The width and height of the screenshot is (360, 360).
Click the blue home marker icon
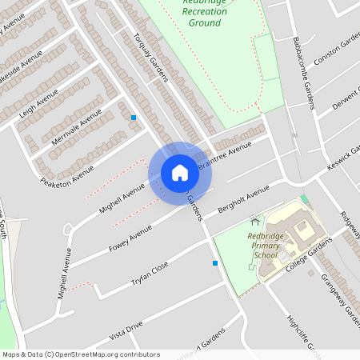click(x=180, y=173)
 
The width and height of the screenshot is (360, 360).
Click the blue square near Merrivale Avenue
click(x=134, y=118)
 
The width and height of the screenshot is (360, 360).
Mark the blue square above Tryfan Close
click(x=214, y=262)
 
